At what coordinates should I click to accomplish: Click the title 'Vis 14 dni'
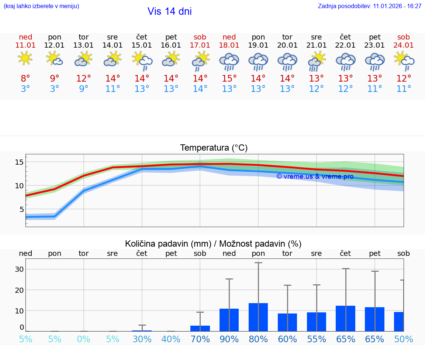(169, 11)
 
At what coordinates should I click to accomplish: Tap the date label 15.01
(142, 45)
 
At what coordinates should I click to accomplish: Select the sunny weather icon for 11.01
(25, 58)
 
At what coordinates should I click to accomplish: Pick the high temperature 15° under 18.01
(229, 78)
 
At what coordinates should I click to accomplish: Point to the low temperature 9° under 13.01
(84, 89)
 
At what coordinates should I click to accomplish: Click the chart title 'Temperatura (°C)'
(214, 148)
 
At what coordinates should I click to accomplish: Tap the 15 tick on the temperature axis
(20, 162)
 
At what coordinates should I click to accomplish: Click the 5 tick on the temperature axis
(21, 209)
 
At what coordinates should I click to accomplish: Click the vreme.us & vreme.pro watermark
(315, 176)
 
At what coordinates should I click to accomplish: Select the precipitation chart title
(213, 244)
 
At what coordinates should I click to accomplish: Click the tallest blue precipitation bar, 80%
(258, 317)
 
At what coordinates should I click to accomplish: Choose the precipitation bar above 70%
(200, 328)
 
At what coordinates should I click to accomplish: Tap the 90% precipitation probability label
(229, 339)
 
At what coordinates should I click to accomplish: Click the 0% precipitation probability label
(84, 339)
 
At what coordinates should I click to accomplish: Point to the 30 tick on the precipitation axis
(19, 269)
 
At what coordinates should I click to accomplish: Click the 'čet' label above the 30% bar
(142, 253)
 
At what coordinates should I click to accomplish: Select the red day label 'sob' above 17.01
(200, 37)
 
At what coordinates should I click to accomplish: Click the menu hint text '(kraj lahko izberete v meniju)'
(41, 6)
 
